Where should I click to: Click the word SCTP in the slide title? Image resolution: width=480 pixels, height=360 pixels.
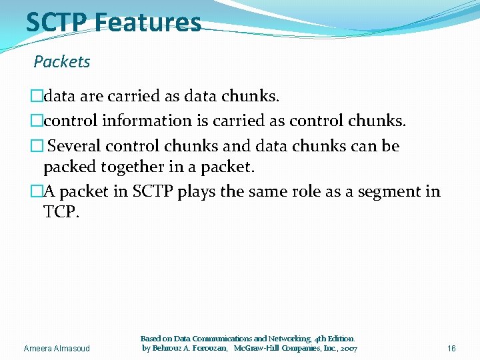click(x=57, y=22)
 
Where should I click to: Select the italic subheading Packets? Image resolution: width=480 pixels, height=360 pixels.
click(x=62, y=62)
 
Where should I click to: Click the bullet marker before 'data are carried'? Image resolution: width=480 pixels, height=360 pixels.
click(x=37, y=97)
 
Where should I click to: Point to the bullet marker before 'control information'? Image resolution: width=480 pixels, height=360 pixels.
click(x=37, y=121)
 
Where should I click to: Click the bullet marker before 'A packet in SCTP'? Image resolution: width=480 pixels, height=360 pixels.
click(x=37, y=192)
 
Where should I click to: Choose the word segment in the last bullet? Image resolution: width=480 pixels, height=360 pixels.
click(x=380, y=192)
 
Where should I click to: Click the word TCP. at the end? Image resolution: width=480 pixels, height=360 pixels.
click(x=61, y=213)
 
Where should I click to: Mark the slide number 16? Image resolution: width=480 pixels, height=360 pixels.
click(x=451, y=349)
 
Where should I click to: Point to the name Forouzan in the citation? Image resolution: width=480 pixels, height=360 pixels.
click(x=207, y=349)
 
